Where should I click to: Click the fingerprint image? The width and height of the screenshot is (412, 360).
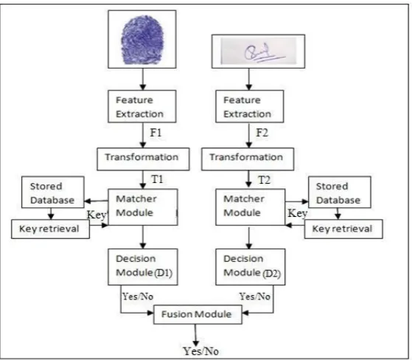pyautogui.click(x=142, y=39)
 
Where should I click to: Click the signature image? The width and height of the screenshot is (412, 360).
pyautogui.click(x=258, y=52)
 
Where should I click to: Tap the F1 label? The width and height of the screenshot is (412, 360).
pyautogui.click(x=156, y=133)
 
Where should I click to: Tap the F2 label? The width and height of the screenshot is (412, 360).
pyautogui.click(x=262, y=133)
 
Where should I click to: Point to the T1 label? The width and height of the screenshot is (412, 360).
pyautogui.click(x=157, y=179)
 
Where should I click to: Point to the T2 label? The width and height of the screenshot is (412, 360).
pyautogui.click(x=264, y=180)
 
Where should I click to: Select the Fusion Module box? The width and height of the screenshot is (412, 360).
pyautogui.click(x=198, y=314)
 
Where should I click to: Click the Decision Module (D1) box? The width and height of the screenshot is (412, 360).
pyautogui.click(x=143, y=267)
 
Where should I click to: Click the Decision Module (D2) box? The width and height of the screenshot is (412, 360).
pyautogui.click(x=251, y=267)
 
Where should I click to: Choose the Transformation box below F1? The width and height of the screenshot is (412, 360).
pyautogui.click(x=143, y=159)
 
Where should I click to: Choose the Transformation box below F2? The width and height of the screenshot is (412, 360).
pyautogui.click(x=248, y=159)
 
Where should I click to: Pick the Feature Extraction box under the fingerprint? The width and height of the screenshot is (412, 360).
pyautogui.click(x=142, y=106)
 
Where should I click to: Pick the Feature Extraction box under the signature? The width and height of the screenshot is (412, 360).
pyautogui.click(x=250, y=106)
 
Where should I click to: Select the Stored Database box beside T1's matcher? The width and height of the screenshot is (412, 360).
pyautogui.click(x=53, y=193)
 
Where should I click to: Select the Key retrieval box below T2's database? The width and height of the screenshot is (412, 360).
pyautogui.click(x=343, y=229)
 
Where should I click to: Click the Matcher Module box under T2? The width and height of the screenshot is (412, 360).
pyautogui.click(x=251, y=207)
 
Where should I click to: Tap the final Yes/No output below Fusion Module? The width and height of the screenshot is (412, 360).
pyautogui.click(x=200, y=351)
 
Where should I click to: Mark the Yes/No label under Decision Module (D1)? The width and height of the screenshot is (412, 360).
pyautogui.click(x=138, y=297)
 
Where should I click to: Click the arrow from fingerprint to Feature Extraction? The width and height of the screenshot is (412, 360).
pyautogui.click(x=143, y=80)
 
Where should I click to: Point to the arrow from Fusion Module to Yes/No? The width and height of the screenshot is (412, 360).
pyautogui.click(x=195, y=335)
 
